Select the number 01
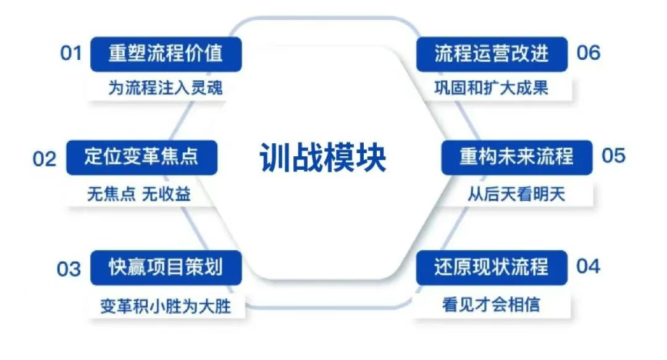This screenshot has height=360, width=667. (x=71, y=53)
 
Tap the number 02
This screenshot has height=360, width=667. (x=44, y=159)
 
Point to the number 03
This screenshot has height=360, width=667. (x=69, y=269)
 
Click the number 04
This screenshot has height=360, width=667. (x=588, y=266)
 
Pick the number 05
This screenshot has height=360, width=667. (x=613, y=156)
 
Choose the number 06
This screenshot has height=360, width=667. (x=588, y=53)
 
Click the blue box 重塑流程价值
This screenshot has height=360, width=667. (x=166, y=54)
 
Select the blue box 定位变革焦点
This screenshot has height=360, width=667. (x=141, y=157)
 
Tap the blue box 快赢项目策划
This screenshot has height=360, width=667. (x=166, y=267)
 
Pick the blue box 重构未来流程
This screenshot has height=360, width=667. (x=516, y=156)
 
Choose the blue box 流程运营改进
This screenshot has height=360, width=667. (x=492, y=54)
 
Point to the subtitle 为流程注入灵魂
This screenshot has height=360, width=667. (x=166, y=88)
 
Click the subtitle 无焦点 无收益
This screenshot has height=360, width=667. (x=139, y=194)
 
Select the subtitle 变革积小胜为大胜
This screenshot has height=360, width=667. (x=166, y=306)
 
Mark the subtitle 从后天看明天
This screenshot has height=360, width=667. (x=516, y=194)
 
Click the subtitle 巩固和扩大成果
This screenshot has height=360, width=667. (x=492, y=88)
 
